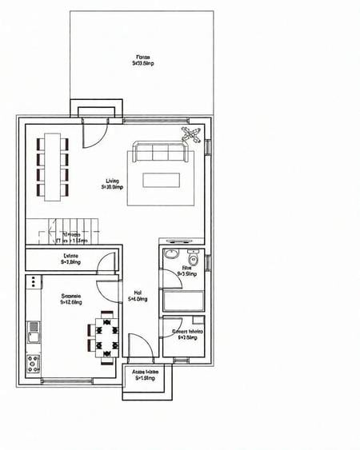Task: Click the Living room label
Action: pyautogui.click(x=112, y=184)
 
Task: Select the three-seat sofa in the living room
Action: pyautogui.click(x=161, y=153)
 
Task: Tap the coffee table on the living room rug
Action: pyautogui.click(x=160, y=180)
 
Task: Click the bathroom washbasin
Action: pyautogui.click(x=170, y=255)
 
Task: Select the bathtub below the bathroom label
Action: pyautogui.click(x=183, y=301)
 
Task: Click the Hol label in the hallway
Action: pyautogui.click(x=138, y=297)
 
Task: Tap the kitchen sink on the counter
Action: pyautogui.click(x=34, y=326)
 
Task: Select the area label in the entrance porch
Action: pyautogui.click(x=145, y=375)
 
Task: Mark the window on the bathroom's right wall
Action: pyautogui.click(x=207, y=262)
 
